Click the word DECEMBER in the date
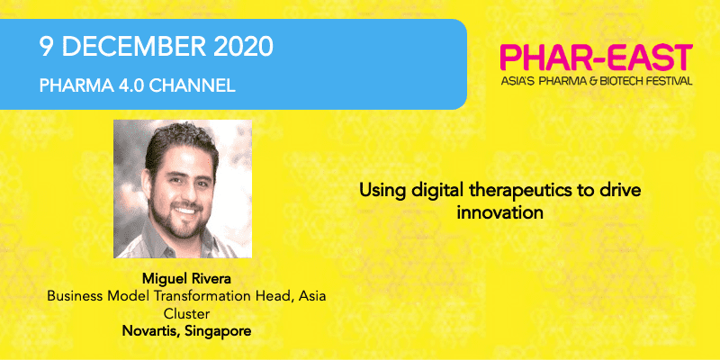tap(131, 47)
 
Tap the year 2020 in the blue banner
tap(240, 47)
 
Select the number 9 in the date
tap(47, 47)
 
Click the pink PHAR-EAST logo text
tap(596, 58)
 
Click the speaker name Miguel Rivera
tap(187, 278)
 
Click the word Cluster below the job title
tap(187, 313)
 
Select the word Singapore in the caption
tap(218, 332)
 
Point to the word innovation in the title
tap(500, 212)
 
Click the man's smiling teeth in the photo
tap(186, 211)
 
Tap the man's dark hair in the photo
tap(180, 140)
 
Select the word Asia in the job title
tap(311, 296)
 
